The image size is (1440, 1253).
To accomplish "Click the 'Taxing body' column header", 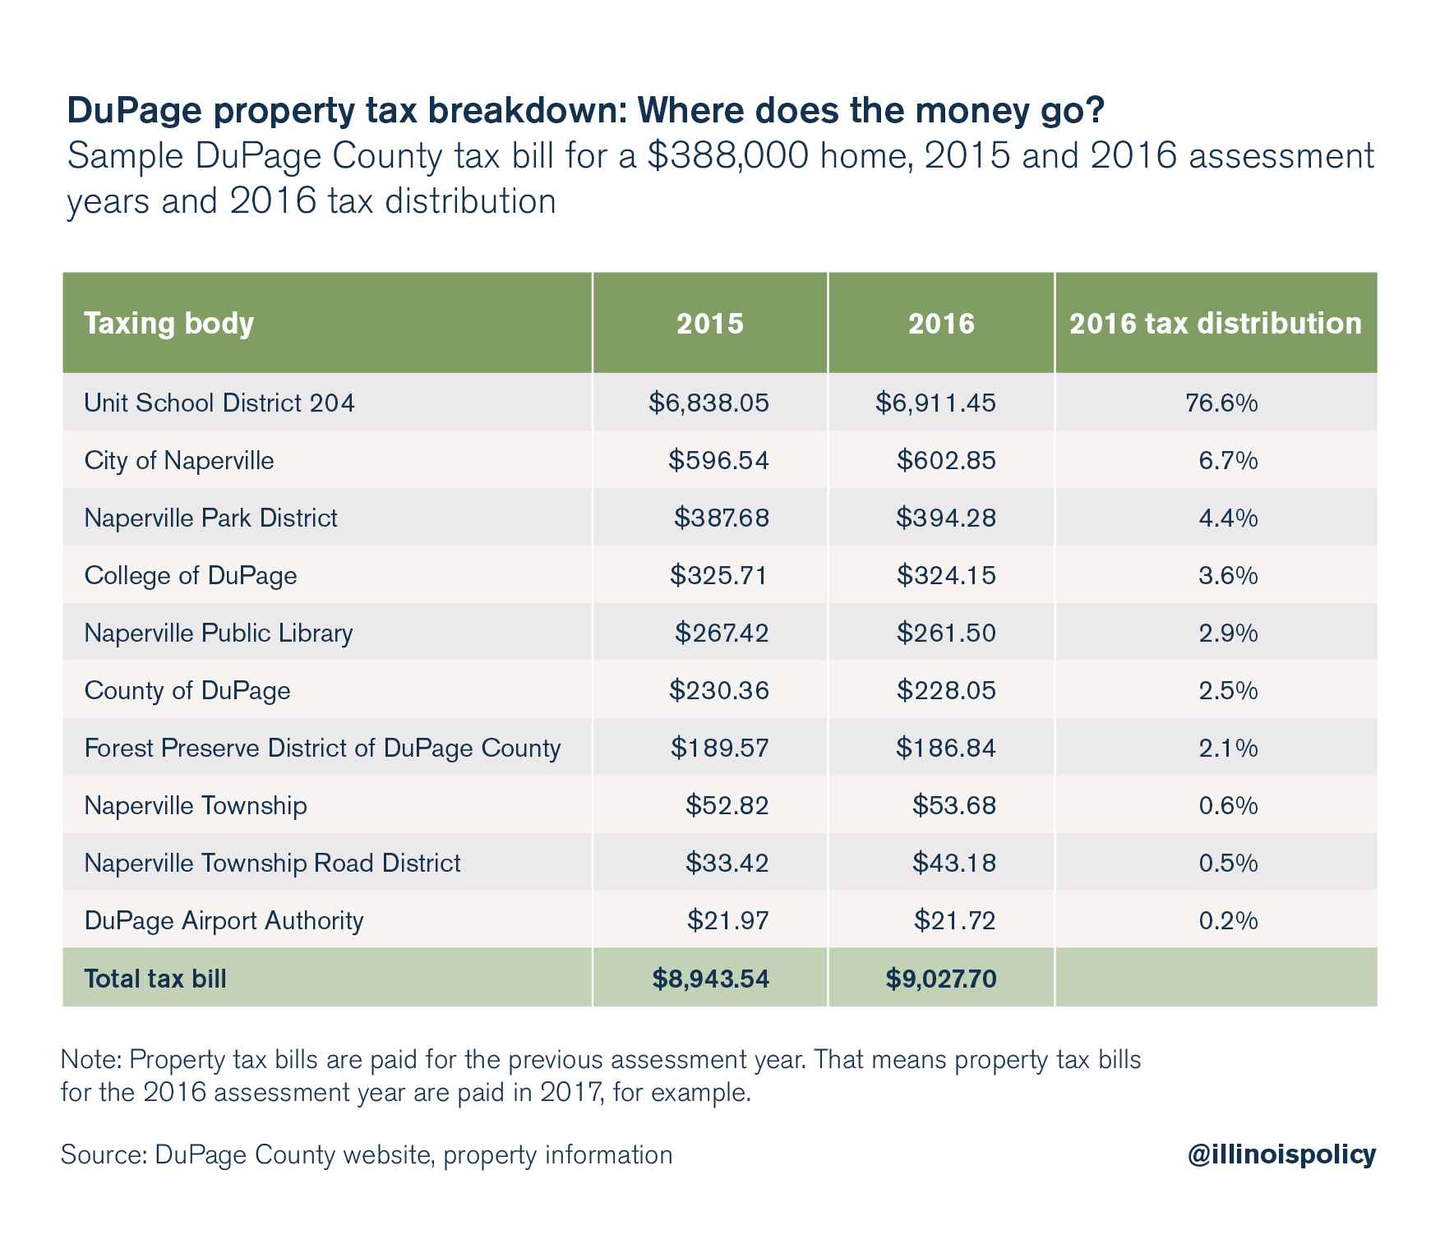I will click(169, 324).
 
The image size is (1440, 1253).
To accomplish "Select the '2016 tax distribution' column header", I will click(1215, 324).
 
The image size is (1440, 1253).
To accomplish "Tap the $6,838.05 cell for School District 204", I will click(708, 403).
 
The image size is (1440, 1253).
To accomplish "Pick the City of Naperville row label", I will click(179, 460).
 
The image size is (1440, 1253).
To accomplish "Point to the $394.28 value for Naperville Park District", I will click(946, 518).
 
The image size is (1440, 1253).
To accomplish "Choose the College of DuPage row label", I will click(191, 575).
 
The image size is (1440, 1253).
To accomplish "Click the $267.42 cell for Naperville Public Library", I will click(722, 633).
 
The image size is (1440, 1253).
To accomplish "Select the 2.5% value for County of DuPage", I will click(1228, 690).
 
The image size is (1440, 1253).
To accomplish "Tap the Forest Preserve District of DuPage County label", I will click(322, 748).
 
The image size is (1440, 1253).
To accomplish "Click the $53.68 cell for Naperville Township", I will click(953, 805).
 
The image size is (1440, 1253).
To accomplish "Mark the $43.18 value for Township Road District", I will click(953, 863).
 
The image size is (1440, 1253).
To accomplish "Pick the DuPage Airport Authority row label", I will click(224, 920).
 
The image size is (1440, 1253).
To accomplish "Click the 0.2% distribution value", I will click(1228, 920).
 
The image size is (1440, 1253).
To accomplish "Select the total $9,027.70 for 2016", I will click(941, 979).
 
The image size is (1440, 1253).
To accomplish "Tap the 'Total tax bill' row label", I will click(155, 979).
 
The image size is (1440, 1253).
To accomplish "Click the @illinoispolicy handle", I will click(1281, 1154).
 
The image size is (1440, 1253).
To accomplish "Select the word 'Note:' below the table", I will click(90, 1060).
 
